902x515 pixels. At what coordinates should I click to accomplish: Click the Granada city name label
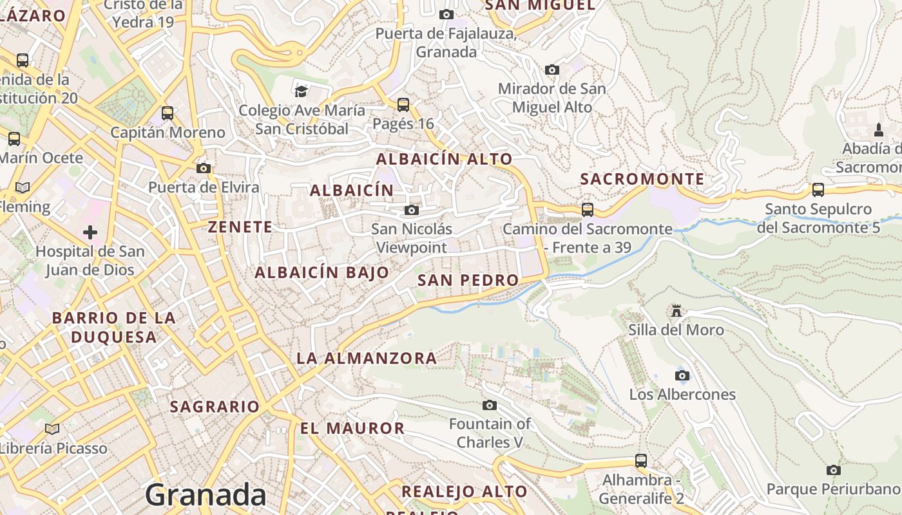pyautogui.click(x=205, y=494)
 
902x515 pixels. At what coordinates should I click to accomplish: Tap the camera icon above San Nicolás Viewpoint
pyautogui.click(x=412, y=210)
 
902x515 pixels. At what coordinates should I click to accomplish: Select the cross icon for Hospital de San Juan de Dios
pyautogui.click(x=90, y=232)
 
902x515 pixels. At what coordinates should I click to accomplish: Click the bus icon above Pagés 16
pyautogui.click(x=403, y=104)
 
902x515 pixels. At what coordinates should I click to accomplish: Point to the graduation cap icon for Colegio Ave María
pyautogui.click(x=301, y=91)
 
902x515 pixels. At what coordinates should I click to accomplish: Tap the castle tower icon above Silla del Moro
pyautogui.click(x=676, y=311)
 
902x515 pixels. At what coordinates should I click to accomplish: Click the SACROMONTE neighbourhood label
pyautogui.click(x=642, y=179)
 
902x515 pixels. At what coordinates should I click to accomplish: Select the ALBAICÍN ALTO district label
pyautogui.click(x=445, y=159)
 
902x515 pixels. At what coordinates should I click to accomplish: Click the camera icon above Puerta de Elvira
pyautogui.click(x=204, y=168)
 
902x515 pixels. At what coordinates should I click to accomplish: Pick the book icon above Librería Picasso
pyautogui.click(x=53, y=429)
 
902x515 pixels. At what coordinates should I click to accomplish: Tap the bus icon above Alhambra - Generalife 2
pyautogui.click(x=641, y=461)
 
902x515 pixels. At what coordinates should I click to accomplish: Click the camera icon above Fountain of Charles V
pyautogui.click(x=490, y=405)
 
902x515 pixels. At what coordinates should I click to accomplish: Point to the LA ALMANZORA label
pyautogui.click(x=367, y=358)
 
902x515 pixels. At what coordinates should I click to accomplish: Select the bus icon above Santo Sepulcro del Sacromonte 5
pyautogui.click(x=818, y=190)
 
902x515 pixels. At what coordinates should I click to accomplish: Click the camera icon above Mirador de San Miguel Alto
pyautogui.click(x=552, y=70)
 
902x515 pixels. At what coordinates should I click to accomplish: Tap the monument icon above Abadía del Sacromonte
pyautogui.click(x=879, y=130)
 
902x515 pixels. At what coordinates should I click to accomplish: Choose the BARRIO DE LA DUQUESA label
pyautogui.click(x=113, y=327)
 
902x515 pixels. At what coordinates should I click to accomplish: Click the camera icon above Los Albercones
pyautogui.click(x=682, y=375)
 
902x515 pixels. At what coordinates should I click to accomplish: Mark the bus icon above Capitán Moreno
pyautogui.click(x=168, y=113)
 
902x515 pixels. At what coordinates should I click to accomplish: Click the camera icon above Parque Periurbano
pyautogui.click(x=833, y=470)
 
